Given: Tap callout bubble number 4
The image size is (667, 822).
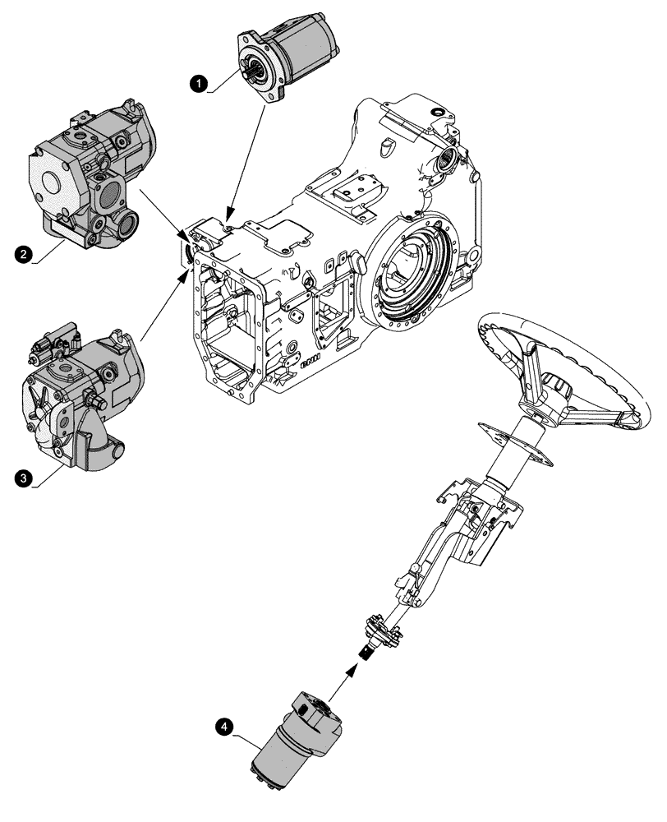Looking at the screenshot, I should click(223, 727).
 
